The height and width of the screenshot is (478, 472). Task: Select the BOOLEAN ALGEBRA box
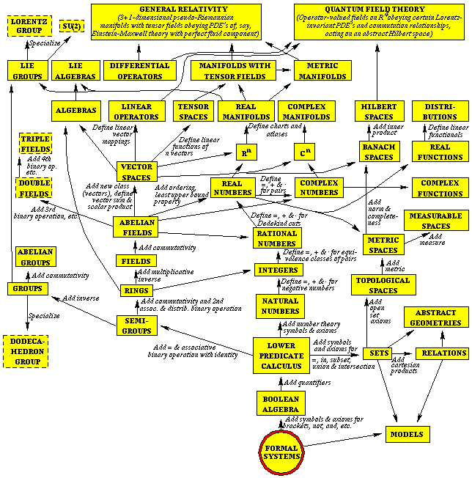tap(281, 403)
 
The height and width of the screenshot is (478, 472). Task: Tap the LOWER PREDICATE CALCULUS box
tap(281, 356)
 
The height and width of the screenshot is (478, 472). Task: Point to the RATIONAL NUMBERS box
tap(278, 238)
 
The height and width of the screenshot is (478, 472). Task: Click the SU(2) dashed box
tap(69, 28)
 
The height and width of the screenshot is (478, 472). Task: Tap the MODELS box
tap(407, 435)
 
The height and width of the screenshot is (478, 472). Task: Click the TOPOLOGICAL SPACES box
tap(383, 285)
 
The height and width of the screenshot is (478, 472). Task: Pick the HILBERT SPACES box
tap(378, 111)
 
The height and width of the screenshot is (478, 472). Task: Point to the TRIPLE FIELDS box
tap(34, 144)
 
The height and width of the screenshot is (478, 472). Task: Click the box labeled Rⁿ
tap(246, 153)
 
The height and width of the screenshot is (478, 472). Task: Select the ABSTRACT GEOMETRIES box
tap(435, 317)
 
